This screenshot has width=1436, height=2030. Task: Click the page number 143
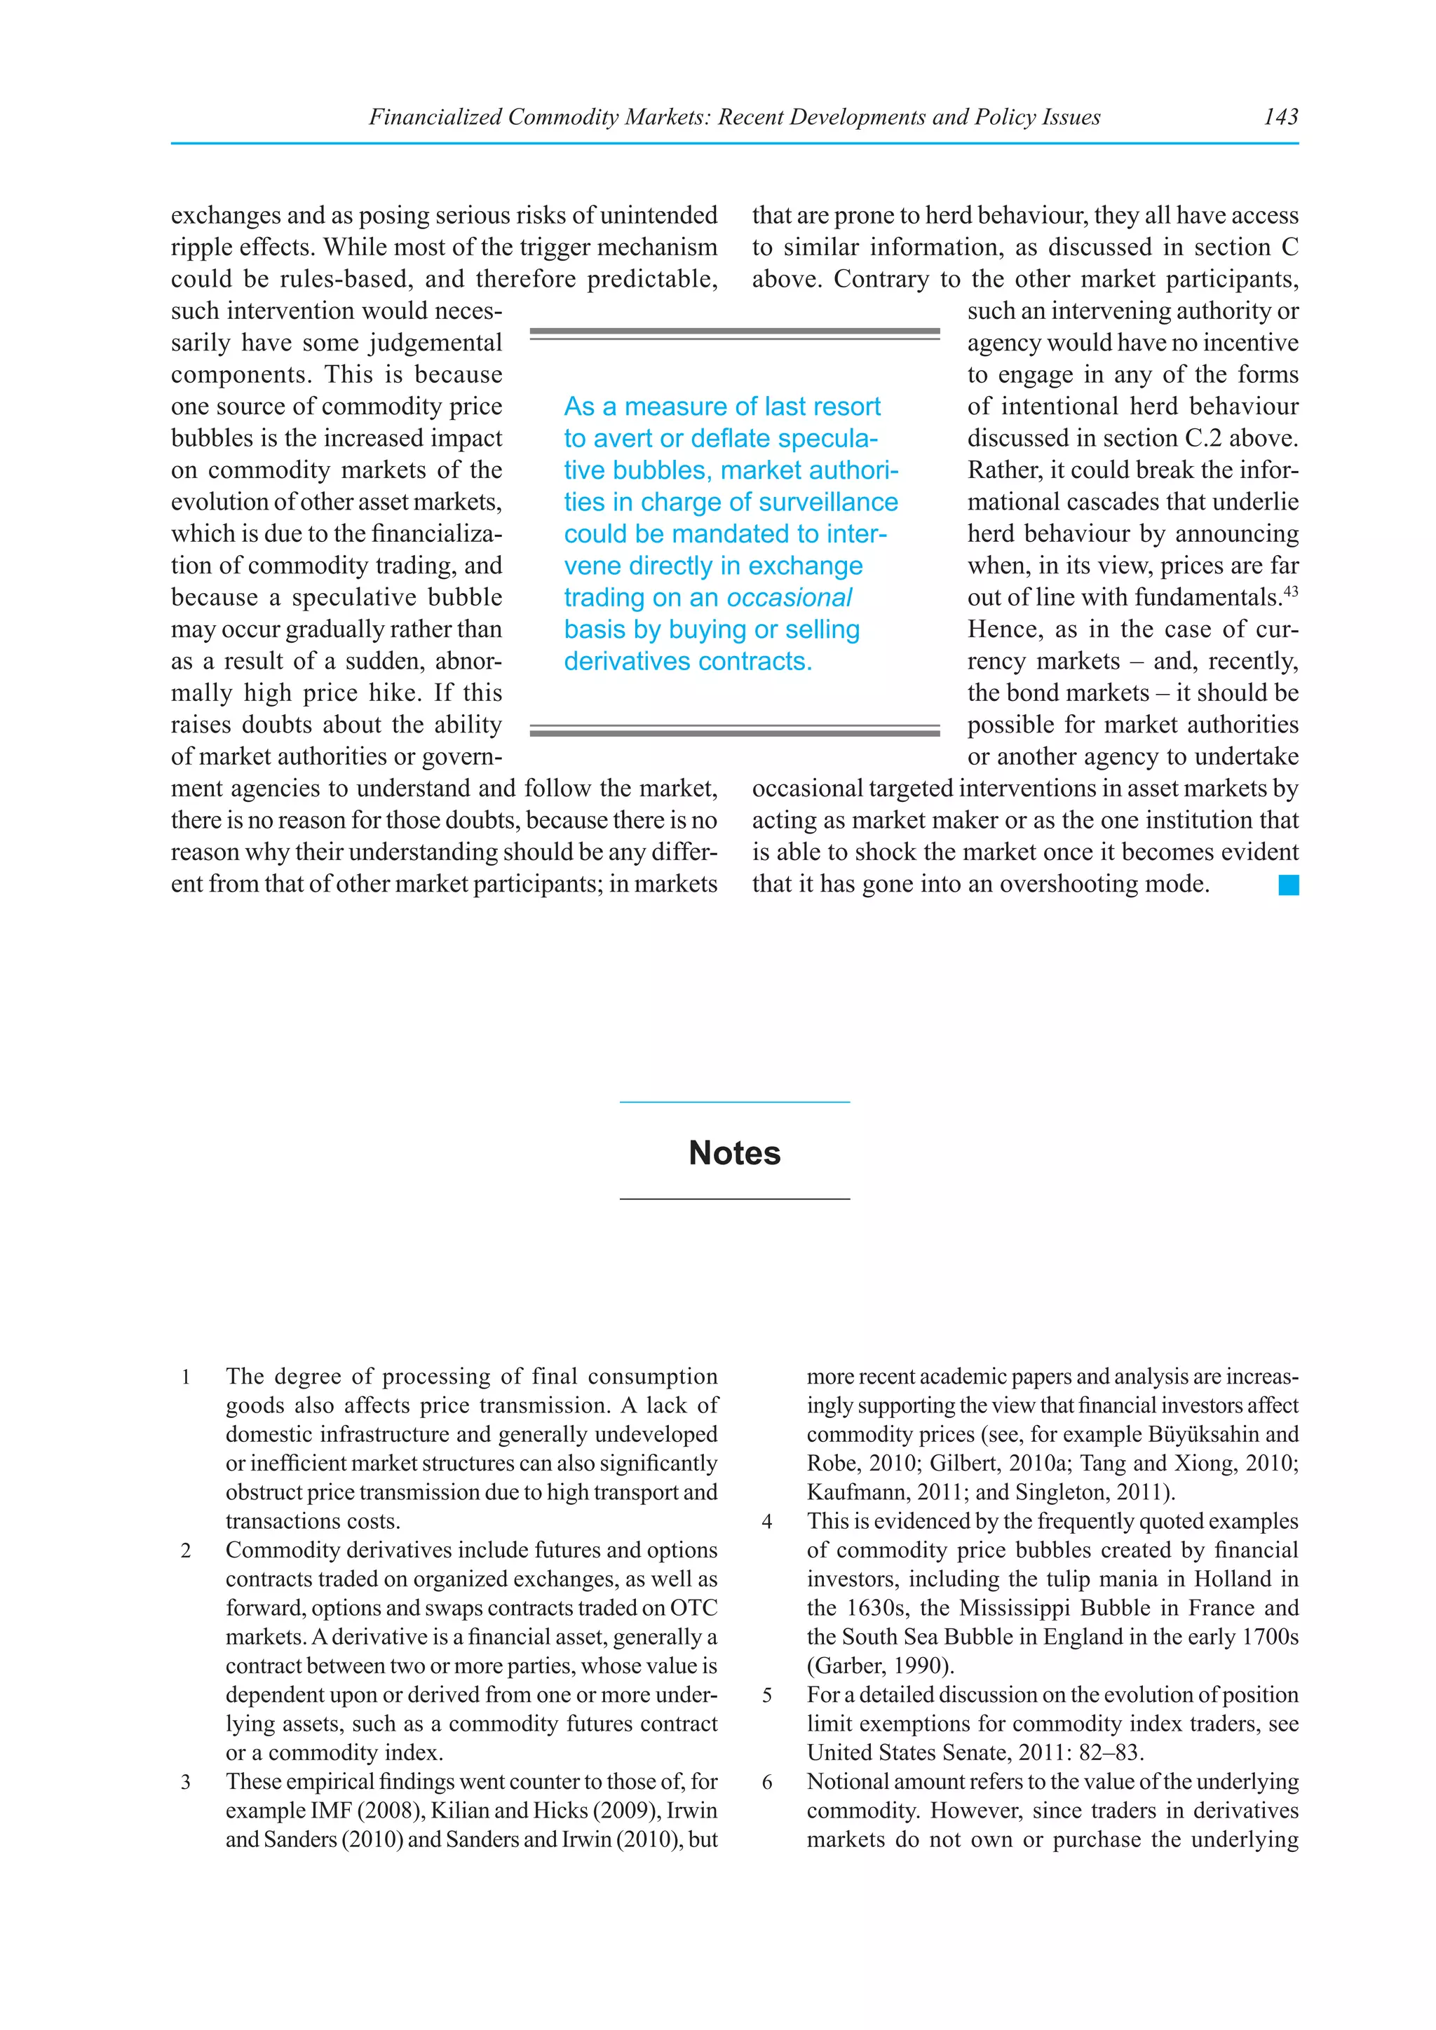click(1280, 116)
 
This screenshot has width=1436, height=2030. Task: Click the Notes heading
click(734, 1153)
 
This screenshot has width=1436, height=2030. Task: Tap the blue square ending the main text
click(1288, 885)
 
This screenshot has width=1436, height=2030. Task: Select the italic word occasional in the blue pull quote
click(789, 598)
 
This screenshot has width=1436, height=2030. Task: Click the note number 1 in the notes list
click(186, 1377)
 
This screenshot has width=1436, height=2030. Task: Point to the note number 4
click(766, 1522)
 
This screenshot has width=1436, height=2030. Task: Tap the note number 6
click(766, 1783)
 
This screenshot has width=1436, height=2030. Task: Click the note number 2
click(186, 1551)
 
